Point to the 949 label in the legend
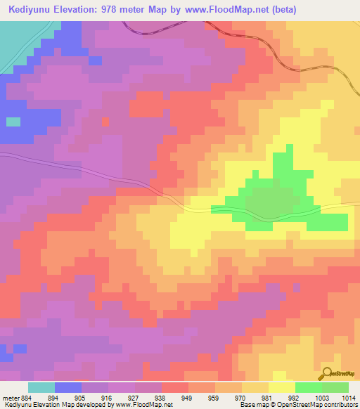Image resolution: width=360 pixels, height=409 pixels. pos(188,397)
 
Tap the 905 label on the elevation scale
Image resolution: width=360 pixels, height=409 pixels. pos(82,397)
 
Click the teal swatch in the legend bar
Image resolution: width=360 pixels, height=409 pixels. pos(41,387)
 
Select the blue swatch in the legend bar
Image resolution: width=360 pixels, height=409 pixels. pos(68,387)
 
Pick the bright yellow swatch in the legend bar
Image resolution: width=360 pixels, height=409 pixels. pos(281,387)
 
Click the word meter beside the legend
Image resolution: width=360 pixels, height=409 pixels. pos(10,397)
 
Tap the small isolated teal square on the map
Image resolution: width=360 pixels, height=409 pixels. pos(13,122)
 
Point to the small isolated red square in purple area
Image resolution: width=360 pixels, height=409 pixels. pos(106,122)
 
